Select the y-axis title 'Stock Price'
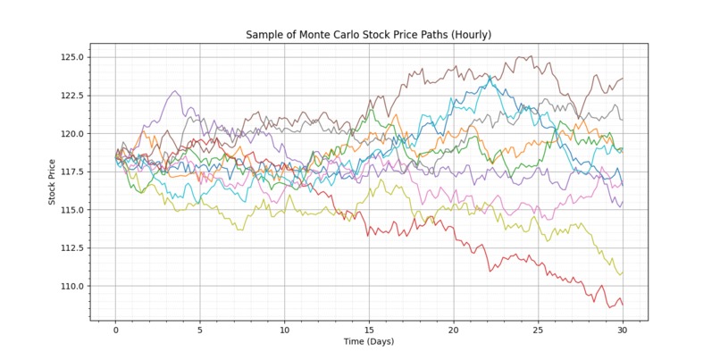click(53, 182)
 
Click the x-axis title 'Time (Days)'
click(369, 341)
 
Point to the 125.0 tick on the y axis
click(71, 57)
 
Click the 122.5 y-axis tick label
click(71, 96)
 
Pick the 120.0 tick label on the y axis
click(71, 134)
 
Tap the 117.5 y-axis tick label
click(71, 172)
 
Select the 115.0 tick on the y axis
click(71, 210)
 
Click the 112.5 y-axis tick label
click(71, 248)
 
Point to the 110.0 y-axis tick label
click(71, 287)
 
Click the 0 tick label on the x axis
click(115, 330)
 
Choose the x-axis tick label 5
click(200, 330)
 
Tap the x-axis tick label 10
click(284, 330)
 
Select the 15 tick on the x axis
click(369, 330)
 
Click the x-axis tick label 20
click(454, 330)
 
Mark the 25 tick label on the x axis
click(538, 330)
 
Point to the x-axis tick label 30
click(623, 330)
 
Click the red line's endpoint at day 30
click(623, 305)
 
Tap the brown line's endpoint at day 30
click(623, 79)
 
